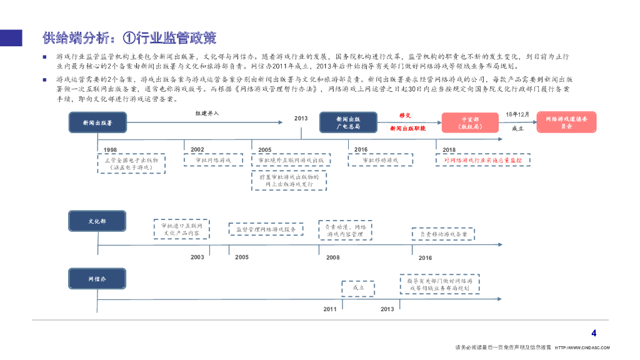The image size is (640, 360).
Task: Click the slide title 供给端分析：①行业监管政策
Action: pos(129,39)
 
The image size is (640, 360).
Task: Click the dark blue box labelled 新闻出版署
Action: pos(97,123)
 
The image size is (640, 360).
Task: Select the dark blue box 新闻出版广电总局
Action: pos(347,122)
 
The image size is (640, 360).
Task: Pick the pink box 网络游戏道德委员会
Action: pos(566,122)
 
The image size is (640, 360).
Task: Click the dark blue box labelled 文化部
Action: pos(97,222)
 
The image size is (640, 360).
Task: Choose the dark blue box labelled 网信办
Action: pos(97,279)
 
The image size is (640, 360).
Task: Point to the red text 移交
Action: pos(405,116)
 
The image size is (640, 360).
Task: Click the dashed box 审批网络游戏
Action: pos(208,160)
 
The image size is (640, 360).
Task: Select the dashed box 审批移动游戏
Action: pos(380,160)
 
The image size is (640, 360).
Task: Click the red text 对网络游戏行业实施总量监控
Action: pos(482,160)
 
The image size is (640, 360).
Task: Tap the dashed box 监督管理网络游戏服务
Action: pos(266,229)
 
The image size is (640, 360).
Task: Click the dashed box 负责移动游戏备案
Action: pos(443,234)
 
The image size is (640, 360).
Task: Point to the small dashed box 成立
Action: pos(358,288)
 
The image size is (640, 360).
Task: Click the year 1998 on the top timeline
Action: pos(111,150)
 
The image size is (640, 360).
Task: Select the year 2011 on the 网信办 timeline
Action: pos(330,309)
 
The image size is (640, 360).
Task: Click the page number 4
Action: pos(594,333)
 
